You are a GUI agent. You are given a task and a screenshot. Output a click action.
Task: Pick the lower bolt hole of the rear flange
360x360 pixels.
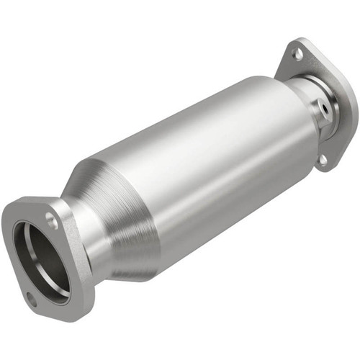click(323, 159)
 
